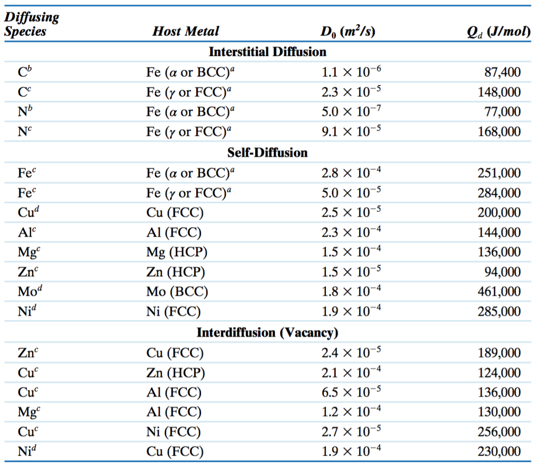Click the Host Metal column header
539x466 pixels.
click(x=186, y=32)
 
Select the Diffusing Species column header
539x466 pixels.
click(x=31, y=24)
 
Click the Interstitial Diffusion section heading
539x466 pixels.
click(x=267, y=52)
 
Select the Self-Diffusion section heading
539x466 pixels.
click(x=267, y=152)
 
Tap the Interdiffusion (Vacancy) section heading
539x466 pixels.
click(x=267, y=333)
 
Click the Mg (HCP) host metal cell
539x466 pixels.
click(x=177, y=252)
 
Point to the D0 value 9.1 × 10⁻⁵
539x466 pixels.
click(x=351, y=131)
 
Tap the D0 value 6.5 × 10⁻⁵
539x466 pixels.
click(x=351, y=392)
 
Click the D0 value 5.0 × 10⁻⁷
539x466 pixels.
click(x=351, y=111)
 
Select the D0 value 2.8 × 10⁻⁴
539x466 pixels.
click(x=351, y=173)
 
